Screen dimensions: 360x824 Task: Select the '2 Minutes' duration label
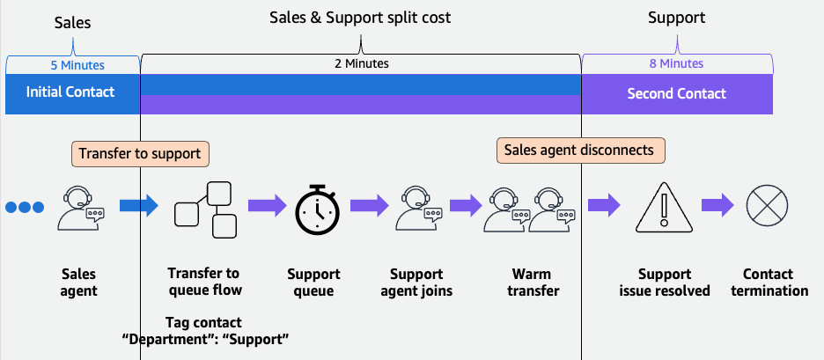tap(360, 64)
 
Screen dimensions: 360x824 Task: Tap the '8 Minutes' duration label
tap(676, 64)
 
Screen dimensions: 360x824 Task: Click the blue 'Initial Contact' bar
tap(70, 92)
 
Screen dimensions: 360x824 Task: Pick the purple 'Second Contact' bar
tap(676, 93)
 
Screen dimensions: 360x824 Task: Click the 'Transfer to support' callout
tap(140, 153)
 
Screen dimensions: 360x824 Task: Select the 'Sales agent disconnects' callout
tap(580, 151)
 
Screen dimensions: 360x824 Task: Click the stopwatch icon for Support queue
tap(316, 208)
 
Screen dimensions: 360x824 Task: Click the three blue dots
tap(24, 208)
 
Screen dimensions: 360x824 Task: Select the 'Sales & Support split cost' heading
tap(360, 17)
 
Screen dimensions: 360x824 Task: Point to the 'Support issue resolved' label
tap(665, 283)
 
